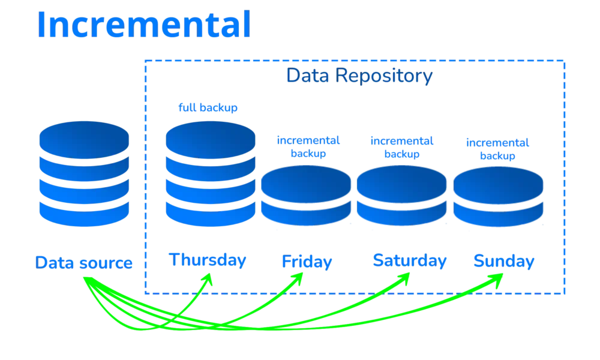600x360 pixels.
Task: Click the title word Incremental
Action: pyautogui.click(x=144, y=24)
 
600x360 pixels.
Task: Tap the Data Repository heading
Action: pyautogui.click(x=359, y=76)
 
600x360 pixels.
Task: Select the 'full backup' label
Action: pyautogui.click(x=208, y=107)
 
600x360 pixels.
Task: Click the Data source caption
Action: pyautogui.click(x=84, y=263)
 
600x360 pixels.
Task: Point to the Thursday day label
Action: pyautogui.click(x=208, y=260)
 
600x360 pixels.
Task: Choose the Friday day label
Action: pyautogui.click(x=307, y=262)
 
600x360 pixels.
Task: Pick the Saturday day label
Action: pyautogui.click(x=410, y=261)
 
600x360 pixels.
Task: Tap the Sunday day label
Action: pyautogui.click(x=504, y=261)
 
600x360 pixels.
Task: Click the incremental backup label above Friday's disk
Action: pyautogui.click(x=308, y=147)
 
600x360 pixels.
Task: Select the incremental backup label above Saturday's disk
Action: pyautogui.click(x=402, y=147)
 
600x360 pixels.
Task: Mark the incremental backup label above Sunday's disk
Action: pyautogui.click(x=497, y=149)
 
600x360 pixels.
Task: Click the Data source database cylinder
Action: pyautogui.click(x=84, y=173)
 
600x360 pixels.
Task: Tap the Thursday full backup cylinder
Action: pyautogui.click(x=211, y=173)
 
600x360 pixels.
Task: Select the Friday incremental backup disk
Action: pyautogui.click(x=306, y=196)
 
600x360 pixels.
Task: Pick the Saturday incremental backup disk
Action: pyautogui.click(x=402, y=196)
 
